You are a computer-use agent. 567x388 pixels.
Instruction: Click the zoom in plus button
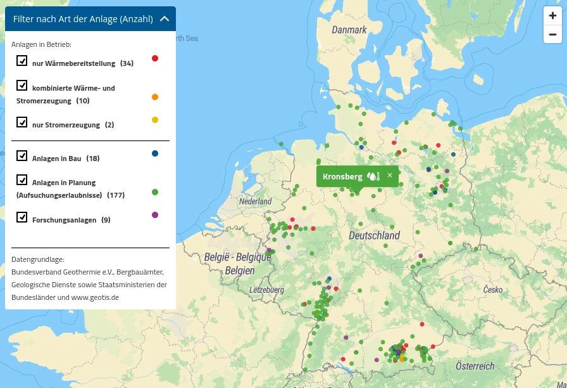click(x=552, y=16)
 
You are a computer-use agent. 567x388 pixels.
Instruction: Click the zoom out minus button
click(x=552, y=34)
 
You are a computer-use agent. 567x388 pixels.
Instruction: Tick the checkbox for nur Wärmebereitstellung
click(x=22, y=61)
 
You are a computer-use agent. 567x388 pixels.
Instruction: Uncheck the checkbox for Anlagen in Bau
click(x=22, y=156)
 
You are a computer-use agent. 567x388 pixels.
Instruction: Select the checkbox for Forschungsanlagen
click(x=22, y=217)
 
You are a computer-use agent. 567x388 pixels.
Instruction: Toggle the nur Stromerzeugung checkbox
click(x=22, y=122)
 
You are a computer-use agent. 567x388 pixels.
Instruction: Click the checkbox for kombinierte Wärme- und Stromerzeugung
click(x=22, y=86)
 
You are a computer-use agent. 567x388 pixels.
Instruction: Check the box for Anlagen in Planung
click(x=22, y=180)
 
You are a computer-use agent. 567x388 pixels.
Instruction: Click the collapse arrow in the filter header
click(x=165, y=19)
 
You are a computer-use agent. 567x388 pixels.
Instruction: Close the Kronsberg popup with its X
click(x=390, y=176)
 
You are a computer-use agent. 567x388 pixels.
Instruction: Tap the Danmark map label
click(x=349, y=30)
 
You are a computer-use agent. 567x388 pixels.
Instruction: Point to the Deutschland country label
click(x=374, y=235)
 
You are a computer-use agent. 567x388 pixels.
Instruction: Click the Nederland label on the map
click(x=255, y=202)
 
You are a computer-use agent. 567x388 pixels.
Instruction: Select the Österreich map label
click(x=475, y=366)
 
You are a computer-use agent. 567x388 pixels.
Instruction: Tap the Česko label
click(x=492, y=290)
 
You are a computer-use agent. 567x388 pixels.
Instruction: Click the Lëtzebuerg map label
click(x=266, y=290)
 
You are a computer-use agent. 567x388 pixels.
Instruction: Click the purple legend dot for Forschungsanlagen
click(x=155, y=215)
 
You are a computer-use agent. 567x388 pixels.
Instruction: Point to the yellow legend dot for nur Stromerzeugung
click(x=155, y=120)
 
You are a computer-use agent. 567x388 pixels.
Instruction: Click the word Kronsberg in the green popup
click(x=342, y=176)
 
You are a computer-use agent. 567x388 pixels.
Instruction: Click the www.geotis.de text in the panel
click(x=95, y=297)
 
